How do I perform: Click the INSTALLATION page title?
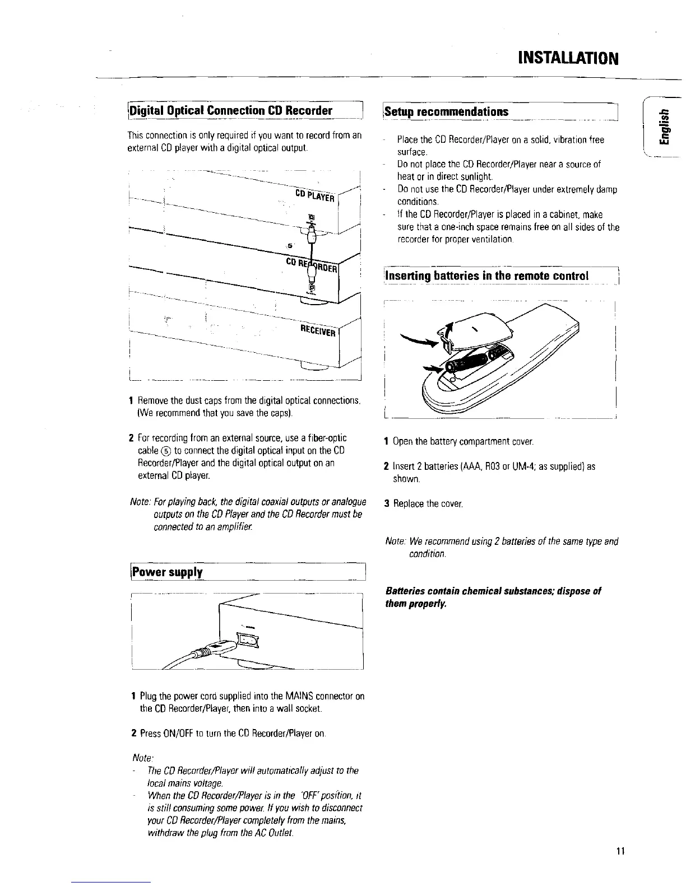pyautogui.click(x=568, y=57)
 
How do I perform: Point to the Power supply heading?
pyautogui.click(x=167, y=572)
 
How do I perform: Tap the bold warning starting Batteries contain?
pyautogui.click(x=493, y=597)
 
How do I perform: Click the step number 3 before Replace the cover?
pyautogui.click(x=387, y=503)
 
